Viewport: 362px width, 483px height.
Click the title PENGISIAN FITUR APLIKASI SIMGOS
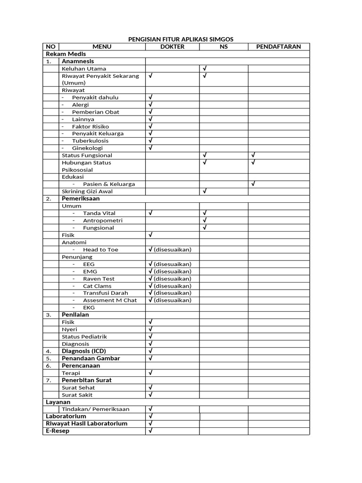(181, 39)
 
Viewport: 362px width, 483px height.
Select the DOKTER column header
(172, 47)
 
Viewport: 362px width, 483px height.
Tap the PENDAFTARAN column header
(279, 47)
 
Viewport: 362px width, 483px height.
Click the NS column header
(223, 47)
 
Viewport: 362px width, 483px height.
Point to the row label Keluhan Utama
(84, 68)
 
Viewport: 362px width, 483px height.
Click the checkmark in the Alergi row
(150, 105)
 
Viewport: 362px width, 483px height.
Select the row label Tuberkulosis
(90, 141)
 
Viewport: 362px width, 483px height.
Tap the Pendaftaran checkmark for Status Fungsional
(253, 155)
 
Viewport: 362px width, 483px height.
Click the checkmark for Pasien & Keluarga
(253, 184)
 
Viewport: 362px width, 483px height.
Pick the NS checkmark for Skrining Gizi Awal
(205, 191)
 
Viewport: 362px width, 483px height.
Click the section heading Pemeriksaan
(81, 199)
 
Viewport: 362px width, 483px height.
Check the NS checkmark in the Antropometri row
(205, 220)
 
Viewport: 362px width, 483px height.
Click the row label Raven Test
(99, 279)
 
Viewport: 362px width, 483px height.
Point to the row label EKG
(89, 308)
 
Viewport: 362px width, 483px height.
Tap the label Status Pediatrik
(84, 336)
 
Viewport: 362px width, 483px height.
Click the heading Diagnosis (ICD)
(84, 351)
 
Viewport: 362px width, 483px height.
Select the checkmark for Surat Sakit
(150, 394)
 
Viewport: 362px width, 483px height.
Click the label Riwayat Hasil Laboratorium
(86, 424)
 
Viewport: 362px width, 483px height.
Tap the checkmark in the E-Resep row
(150, 431)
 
